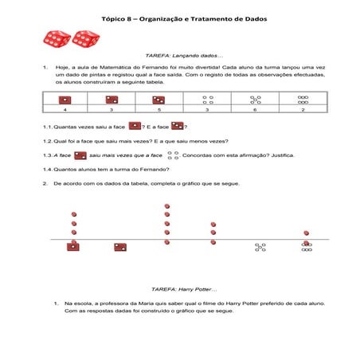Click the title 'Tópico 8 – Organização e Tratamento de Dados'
coord(179,18)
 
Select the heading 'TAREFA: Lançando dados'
coord(180,57)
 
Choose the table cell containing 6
coord(255,110)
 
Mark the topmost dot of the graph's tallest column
coord(166,206)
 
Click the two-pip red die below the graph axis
coord(120,248)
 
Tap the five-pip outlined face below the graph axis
coord(260,248)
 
